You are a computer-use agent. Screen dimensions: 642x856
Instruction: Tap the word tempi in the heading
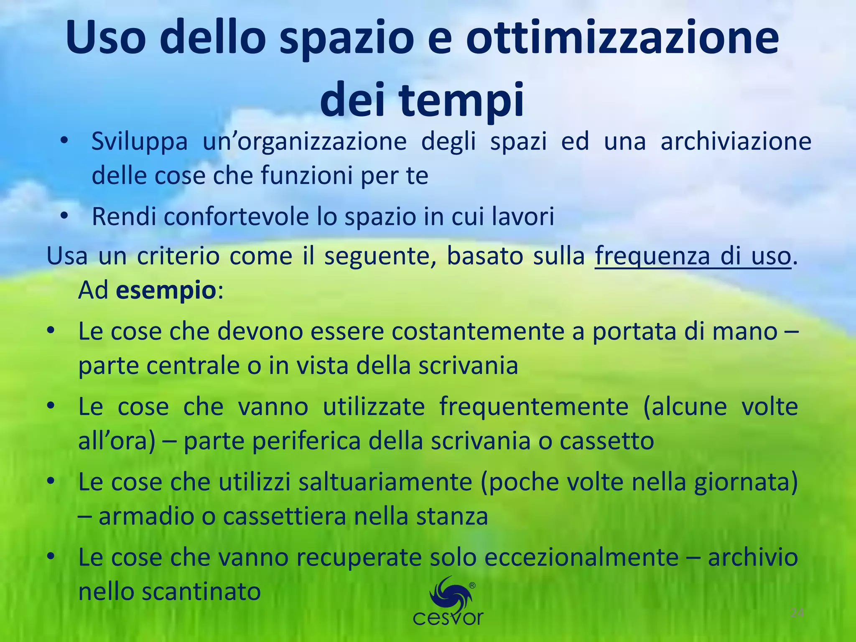462,100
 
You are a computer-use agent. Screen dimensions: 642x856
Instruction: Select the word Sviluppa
140,141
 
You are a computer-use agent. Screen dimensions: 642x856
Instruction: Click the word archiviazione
736,141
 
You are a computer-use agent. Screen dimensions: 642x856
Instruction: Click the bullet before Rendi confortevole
64,216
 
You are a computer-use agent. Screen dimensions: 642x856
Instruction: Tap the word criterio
178,256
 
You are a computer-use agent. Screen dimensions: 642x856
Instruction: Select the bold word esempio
166,290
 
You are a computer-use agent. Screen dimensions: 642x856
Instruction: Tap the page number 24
797,614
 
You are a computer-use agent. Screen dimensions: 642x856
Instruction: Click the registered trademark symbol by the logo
472,586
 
